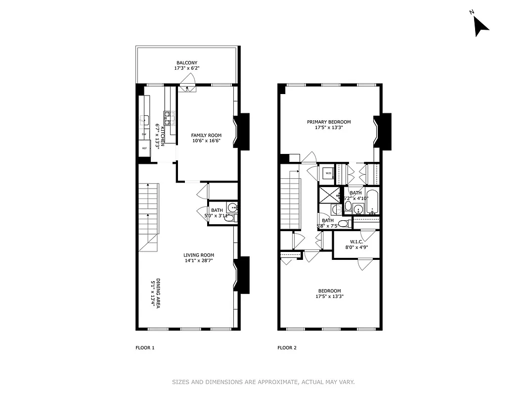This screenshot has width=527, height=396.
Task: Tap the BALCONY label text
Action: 187,63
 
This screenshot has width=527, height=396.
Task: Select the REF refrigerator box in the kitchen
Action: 144,148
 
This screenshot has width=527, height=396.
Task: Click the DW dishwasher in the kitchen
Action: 144,134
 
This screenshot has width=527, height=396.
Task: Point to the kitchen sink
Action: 144,120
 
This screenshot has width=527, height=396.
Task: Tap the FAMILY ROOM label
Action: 206,135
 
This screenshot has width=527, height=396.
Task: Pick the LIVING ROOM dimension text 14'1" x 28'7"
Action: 199,261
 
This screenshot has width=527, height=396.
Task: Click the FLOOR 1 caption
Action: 145,347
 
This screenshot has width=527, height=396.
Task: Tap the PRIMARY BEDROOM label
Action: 329,122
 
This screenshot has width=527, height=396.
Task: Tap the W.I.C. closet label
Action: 356,241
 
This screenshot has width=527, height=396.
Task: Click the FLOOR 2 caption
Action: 287,347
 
